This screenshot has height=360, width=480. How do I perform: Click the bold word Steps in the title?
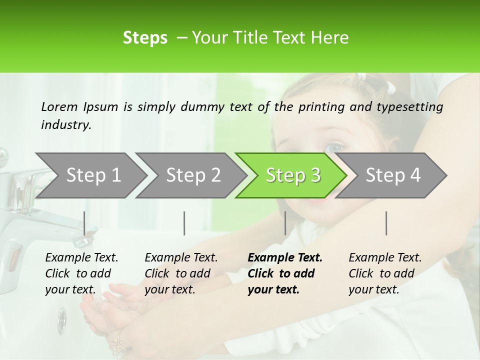tap(145, 38)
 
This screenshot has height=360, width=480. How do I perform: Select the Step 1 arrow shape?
tap(90, 175)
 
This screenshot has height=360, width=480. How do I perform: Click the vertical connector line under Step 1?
tap(84, 223)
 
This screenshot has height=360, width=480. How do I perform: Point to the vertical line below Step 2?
tap(184, 223)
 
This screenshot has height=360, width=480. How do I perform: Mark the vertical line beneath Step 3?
tap(285, 223)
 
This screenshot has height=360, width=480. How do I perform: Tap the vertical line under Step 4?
tap(386, 223)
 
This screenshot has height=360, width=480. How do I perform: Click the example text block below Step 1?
tap(81, 273)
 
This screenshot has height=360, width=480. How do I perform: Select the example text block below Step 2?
tap(181, 273)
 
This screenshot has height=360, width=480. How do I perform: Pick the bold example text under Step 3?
tap(285, 273)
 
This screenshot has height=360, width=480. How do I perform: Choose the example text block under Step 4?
tap(385, 273)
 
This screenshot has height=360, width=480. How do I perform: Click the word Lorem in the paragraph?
tap(59, 106)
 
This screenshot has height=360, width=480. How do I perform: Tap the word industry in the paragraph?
tap(65, 125)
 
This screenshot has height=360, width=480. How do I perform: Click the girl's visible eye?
tap(334, 148)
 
